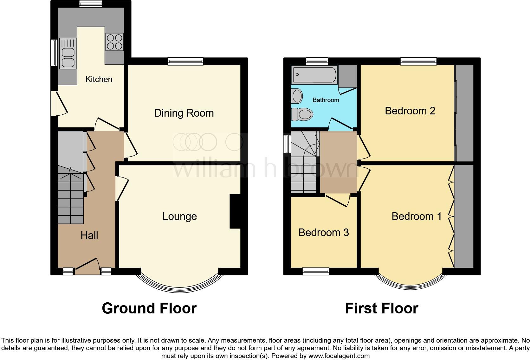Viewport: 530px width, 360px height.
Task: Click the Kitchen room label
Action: tap(99, 79)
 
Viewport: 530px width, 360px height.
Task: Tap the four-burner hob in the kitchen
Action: tap(114, 42)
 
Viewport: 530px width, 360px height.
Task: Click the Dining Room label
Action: tap(184, 113)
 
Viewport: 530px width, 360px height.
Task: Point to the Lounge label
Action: tap(179, 216)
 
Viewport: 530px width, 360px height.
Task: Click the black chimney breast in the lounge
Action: tap(235, 211)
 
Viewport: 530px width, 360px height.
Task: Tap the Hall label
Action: tap(89, 235)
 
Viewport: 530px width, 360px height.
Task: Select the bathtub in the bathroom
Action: tap(315, 75)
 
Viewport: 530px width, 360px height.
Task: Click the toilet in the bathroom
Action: tap(302, 114)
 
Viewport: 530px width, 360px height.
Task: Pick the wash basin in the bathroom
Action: tap(297, 96)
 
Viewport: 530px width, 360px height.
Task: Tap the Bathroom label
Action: tap(326, 100)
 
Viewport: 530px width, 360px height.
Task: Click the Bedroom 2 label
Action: tap(410, 111)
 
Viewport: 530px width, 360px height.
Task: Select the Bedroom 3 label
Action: tap(323, 233)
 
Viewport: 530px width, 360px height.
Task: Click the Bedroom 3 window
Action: tap(316, 271)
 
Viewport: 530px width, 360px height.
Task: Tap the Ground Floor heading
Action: tap(149, 308)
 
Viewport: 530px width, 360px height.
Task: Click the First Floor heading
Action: tap(381, 308)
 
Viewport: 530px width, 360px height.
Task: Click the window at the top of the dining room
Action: tap(185, 61)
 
